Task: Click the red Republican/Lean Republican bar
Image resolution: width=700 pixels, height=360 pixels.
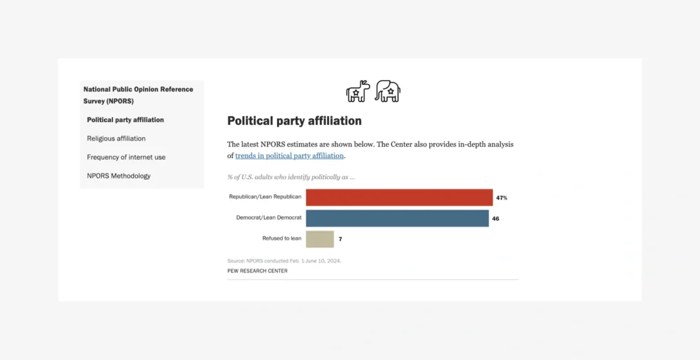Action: coord(399,197)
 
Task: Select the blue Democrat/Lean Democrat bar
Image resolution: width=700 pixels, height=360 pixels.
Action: coord(397,218)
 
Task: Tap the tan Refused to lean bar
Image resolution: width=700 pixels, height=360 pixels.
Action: coord(320,239)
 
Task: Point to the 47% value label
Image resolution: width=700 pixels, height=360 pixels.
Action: coord(501,197)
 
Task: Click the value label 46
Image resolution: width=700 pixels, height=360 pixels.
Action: coord(496,218)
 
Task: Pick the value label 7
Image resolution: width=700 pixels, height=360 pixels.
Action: coord(340,239)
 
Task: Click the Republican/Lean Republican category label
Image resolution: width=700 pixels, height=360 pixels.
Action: coord(265,197)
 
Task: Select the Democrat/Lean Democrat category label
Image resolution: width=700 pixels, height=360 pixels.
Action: coord(268,218)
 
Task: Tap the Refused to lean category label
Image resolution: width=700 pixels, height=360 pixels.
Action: coord(281,238)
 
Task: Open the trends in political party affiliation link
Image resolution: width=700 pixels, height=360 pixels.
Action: coord(289,156)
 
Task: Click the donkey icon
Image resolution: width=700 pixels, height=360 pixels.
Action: coord(358,91)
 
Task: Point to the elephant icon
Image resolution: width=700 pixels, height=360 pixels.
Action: coord(388,91)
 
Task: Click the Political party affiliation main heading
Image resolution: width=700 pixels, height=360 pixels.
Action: coord(294,121)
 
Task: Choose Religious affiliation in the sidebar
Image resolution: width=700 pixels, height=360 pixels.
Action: coord(116,139)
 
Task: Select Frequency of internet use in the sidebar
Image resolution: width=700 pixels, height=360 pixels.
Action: coord(126,157)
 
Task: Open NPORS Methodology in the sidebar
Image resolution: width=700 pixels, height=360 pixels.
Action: coord(119,176)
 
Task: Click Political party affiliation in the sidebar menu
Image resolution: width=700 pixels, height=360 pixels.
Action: coord(125,120)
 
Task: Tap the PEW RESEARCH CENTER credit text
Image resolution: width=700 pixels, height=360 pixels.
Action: coord(257,271)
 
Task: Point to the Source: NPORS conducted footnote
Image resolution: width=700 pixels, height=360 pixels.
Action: coord(284,261)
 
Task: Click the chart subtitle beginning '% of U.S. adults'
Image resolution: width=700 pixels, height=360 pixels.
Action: coord(291,177)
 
